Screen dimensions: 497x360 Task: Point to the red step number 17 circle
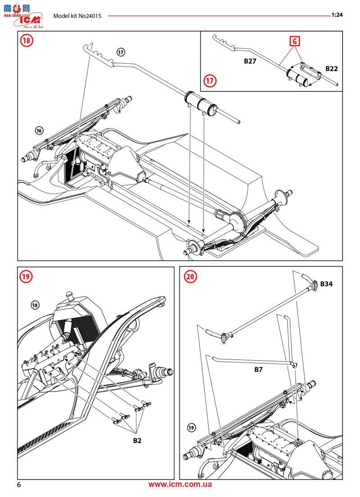(x=210, y=81)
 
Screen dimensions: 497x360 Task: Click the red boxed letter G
(x=294, y=41)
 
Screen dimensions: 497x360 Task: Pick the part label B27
(x=250, y=61)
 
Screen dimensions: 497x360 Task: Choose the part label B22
(x=331, y=69)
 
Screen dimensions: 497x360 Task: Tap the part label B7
(x=258, y=369)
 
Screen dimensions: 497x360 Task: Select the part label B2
(x=137, y=440)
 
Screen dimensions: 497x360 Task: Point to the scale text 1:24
(x=337, y=15)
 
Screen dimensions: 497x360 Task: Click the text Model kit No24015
(x=77, y=16)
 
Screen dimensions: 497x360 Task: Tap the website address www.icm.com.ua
(x=180, y=484)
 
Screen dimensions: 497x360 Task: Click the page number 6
(x=19, y=485)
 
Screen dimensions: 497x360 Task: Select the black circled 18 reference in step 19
(x=35, y=305)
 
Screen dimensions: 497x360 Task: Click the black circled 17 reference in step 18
(x=120, y=52)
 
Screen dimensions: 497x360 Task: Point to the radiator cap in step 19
(x=69, y=295)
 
